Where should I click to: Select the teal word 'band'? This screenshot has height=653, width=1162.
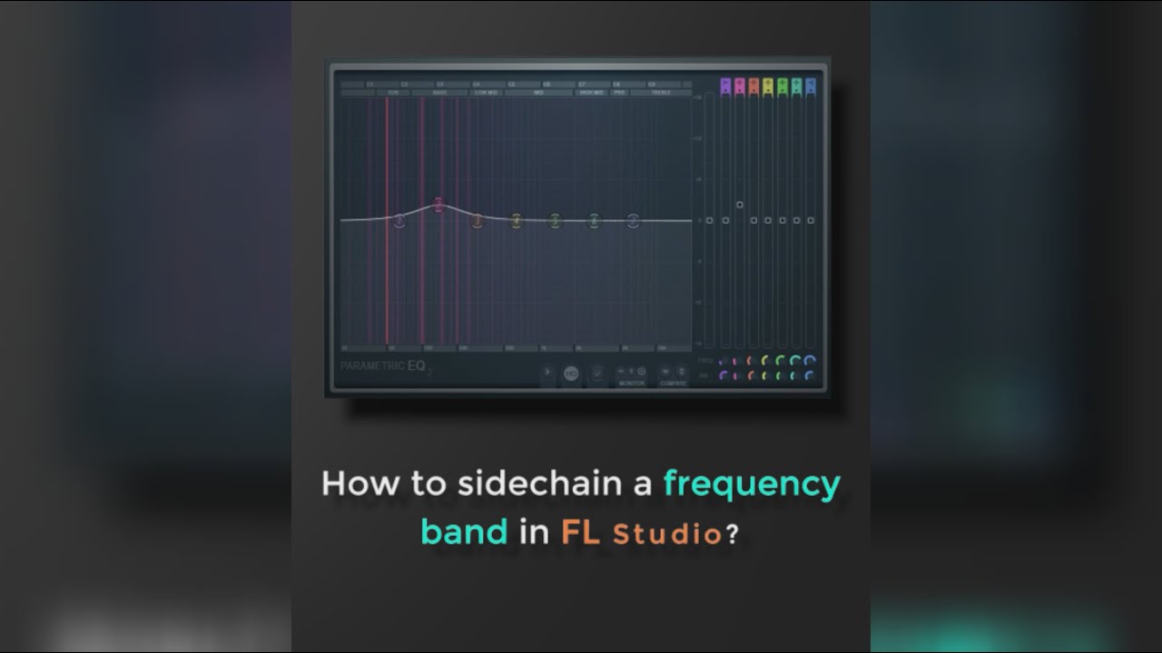click(x=464, y=531)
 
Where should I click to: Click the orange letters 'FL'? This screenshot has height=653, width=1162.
click(x=580, y=531)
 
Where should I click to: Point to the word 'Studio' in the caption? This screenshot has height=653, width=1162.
click(x=667, y=533)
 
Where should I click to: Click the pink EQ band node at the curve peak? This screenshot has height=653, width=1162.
click(x=438, y=205)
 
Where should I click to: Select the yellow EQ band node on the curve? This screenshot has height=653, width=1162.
click(x=516, y=219)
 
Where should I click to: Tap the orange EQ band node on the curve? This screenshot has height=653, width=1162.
click(x=478, y=219)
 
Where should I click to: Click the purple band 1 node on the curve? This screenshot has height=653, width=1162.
click(x=399, y=219)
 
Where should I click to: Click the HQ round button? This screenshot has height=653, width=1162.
click(x=571, y=372)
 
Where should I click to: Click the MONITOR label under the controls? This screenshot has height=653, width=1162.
click(x=632, y=383)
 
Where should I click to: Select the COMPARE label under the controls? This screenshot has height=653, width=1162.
click(x=673, y=383)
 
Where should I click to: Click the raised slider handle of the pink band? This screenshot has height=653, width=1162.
click(x=739, y=205)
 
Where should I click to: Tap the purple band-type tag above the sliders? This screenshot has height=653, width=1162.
click(x=724, y=86)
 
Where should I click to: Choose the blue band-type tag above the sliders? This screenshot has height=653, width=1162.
click(x=811, y=86)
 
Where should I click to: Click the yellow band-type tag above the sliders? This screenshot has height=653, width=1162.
click(x=768, y=86)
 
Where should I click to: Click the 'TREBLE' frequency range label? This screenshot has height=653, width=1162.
click(x=661, y=93)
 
